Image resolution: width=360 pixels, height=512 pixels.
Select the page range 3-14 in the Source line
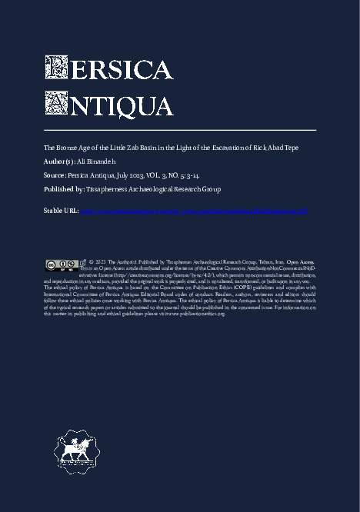click(192, 175)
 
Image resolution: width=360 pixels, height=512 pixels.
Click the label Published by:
click(64, 189)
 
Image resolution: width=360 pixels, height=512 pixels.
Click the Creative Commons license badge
click(61, 264)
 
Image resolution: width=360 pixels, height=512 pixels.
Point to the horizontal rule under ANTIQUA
click(180, 130)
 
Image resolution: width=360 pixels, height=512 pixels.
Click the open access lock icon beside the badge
click(82, 264)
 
